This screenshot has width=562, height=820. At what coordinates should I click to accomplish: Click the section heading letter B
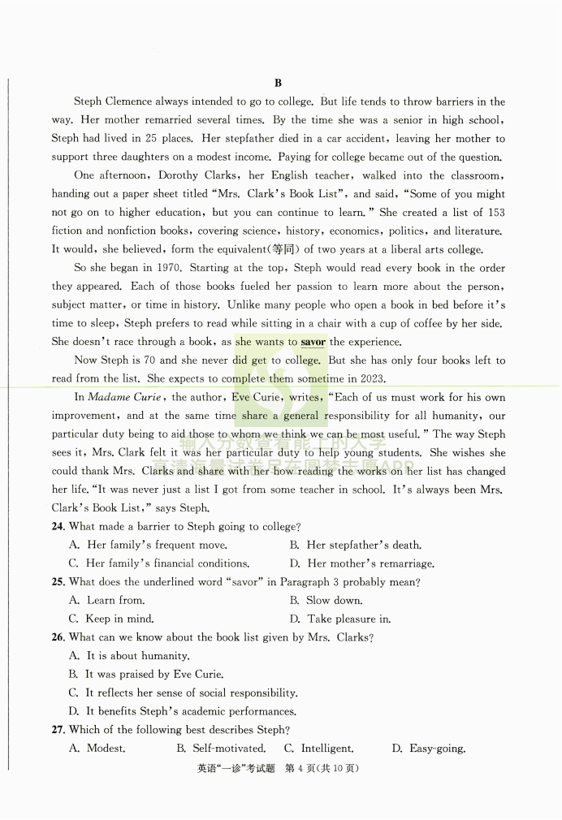(278, 83)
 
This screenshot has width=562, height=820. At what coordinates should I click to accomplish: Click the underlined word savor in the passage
(313, 342)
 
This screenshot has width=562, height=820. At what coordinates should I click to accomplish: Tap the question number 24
(58, 527)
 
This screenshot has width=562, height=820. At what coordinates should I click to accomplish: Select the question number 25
(58, 582)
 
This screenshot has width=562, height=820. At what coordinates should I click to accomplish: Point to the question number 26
(58, 637)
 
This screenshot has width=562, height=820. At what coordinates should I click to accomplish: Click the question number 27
(58, 730)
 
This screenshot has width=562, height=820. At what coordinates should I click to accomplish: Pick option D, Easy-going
(428, 749)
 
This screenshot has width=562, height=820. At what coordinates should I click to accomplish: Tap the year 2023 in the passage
(364, 379)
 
